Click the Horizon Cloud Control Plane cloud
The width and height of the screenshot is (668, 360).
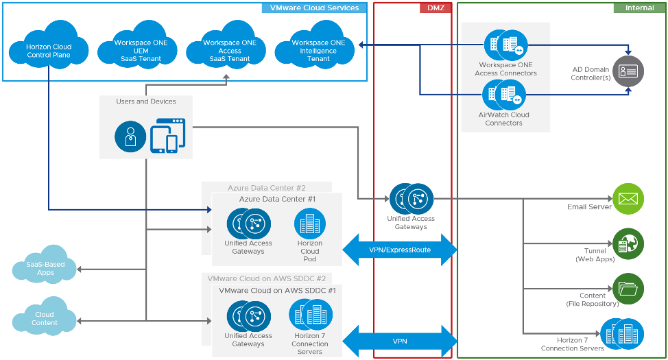click(x=49, y=49)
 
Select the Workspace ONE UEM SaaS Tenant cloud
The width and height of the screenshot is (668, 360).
click(x=141, y=50)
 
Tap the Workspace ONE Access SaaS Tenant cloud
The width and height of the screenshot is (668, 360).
click(x=230, y=49)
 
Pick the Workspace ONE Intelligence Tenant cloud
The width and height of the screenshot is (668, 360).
click(x=318, y=49)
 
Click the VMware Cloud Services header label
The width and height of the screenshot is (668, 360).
click(x=314, y=8)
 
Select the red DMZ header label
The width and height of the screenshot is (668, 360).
click(x=435, y=8)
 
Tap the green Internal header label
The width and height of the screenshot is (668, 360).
click(x=639, y=8)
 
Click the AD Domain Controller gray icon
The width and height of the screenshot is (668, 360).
click(x=628, y=71)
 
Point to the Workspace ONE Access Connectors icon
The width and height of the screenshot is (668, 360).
click(x=505, y=45)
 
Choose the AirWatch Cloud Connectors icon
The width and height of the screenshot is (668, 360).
click(x=504, y=95)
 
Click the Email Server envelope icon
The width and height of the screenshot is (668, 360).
click(x=628, y=199)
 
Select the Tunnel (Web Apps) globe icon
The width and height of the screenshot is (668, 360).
click(x=628, y=244)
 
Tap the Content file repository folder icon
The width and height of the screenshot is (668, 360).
click(x=628, y=289)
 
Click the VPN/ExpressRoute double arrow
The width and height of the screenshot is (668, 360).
click(x=400, y=250)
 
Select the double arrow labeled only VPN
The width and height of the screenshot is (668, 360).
click(x=400, y=340)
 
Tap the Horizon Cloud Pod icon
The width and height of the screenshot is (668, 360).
click(x=310, y=224)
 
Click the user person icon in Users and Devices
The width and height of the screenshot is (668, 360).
click(x=130, y=136)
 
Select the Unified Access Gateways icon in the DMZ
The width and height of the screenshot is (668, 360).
click(x=411, y=199)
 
